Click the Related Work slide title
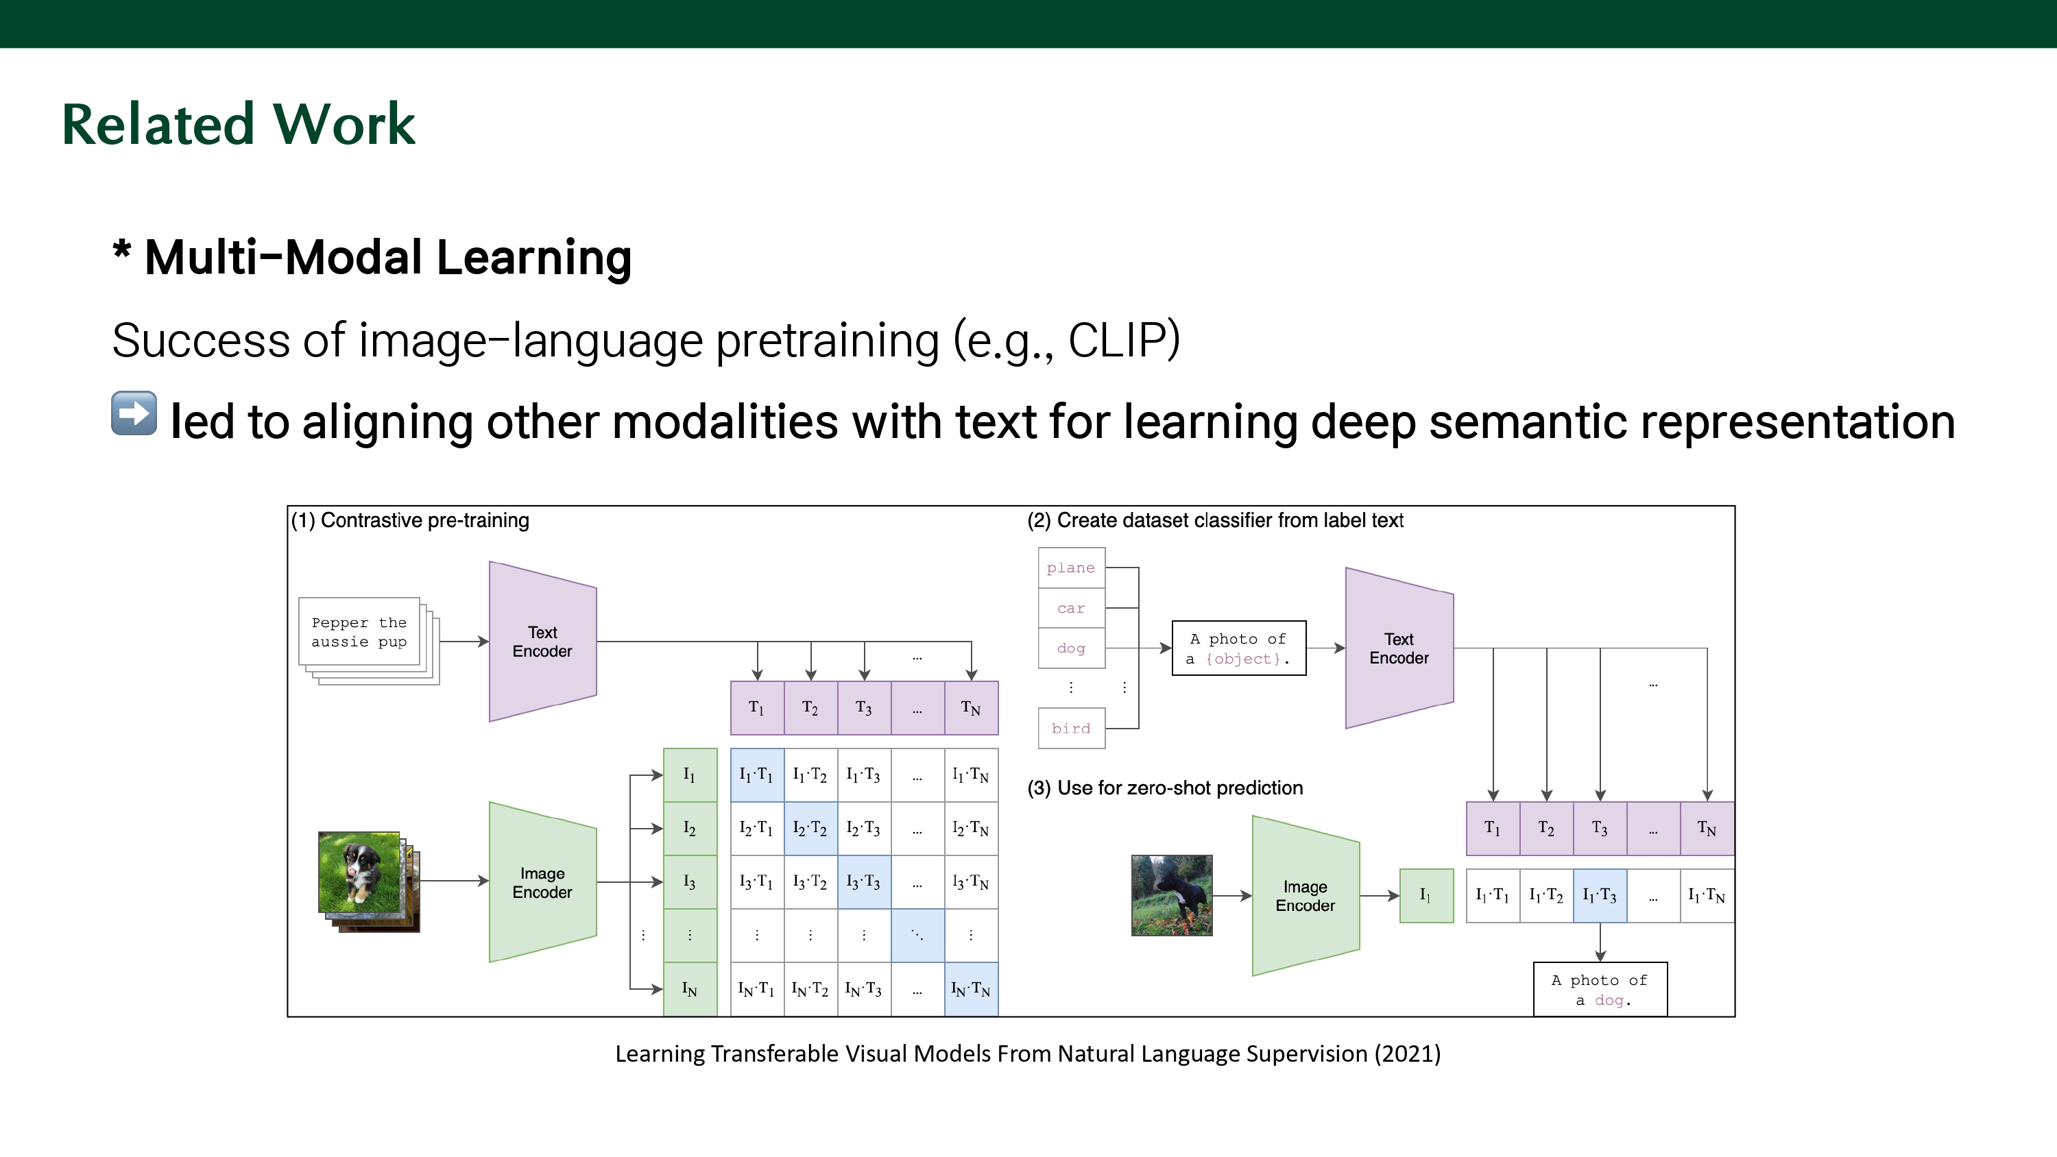238,125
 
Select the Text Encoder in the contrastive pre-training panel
542,641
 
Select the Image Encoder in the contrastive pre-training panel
542,882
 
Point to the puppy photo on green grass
359,872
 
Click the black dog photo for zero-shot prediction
1171,895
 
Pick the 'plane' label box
1071,568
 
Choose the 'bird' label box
1071,728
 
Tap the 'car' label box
1071,609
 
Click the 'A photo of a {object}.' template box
1238,648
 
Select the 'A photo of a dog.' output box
1600,989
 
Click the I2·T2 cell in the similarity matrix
810,828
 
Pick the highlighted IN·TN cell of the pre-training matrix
970,989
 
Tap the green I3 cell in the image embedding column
690,881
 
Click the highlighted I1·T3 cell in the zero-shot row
1600,895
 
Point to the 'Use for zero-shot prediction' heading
1165,788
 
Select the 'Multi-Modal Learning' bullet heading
388,258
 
